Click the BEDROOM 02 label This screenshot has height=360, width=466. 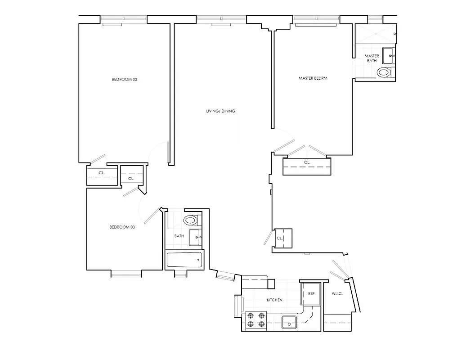(124, 79)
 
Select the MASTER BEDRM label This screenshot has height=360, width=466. (313, 78)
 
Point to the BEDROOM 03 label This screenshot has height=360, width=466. (122, 227)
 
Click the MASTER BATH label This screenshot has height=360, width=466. (372, 58)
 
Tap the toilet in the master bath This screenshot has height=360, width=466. (384, 72)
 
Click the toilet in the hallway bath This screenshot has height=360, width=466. (191, 220)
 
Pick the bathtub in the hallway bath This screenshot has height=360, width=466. (184, 260)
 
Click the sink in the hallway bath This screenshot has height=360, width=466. (195, 237)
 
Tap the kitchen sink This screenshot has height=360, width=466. (289, 322)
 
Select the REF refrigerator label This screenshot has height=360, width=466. (311, 293)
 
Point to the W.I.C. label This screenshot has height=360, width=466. (337, 294)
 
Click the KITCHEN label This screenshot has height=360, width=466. (274, 300)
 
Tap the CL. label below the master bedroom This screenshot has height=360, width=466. (307, 162)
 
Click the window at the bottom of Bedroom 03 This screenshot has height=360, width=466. (126, 273)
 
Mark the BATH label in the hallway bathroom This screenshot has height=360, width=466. (179, 236)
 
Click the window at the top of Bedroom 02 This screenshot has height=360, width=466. (123, 19)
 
